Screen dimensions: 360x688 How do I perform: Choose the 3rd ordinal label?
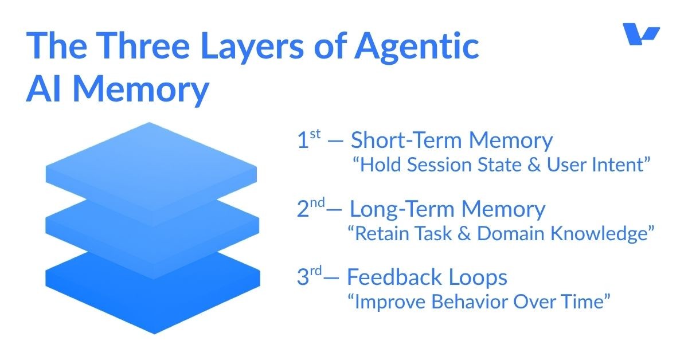click(x=310, y=277)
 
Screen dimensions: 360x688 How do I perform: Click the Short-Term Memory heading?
click(x=452, y=140)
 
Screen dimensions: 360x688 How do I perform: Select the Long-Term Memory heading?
click(x=447, y=209)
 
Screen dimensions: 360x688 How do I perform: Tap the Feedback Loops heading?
click(x=427, y=278)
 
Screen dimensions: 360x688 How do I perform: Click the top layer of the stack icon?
click(x=151, y=163)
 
